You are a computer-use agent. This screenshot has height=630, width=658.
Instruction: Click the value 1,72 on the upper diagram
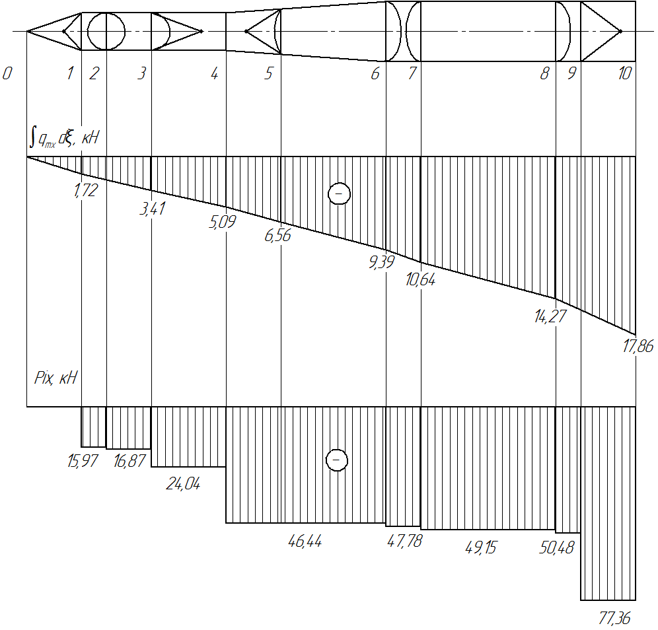click(x=86, y=190)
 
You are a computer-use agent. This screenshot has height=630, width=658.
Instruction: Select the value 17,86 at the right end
click(x=638, y=346)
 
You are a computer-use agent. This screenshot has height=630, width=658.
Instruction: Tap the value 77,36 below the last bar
click(x=614, y=618)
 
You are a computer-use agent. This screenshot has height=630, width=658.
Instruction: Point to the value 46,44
click(x=305, y=541)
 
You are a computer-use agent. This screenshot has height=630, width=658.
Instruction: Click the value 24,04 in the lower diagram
click(x=183, y=484)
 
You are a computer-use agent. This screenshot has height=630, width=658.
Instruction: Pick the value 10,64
click(x=420, y=280)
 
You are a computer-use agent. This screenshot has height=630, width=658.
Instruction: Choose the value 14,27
click(x=550, y=316)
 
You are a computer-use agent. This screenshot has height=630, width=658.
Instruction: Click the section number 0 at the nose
click(x=7, y=73)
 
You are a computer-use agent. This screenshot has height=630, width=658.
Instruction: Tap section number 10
click(x=625, y=73)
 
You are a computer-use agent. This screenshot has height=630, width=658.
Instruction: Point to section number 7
click(x=412, y=73)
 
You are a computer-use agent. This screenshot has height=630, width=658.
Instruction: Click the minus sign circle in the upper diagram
click(x=339, y=193)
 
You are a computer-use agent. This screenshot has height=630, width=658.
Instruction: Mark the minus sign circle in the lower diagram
click(x=336, y=460)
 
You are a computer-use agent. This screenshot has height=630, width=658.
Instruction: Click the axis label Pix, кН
click(x=55, y=378)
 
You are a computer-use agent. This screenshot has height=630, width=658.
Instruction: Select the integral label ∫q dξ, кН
click(x=64, y=137)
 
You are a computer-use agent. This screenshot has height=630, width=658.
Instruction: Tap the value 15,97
click(x=83, y=461)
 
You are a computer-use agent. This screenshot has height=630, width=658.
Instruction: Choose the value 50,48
click(x=556, y=547)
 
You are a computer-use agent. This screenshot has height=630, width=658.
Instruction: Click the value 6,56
click(x=277, y=235)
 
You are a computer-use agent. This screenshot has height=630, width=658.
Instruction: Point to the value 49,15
click(x=481, y=547)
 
